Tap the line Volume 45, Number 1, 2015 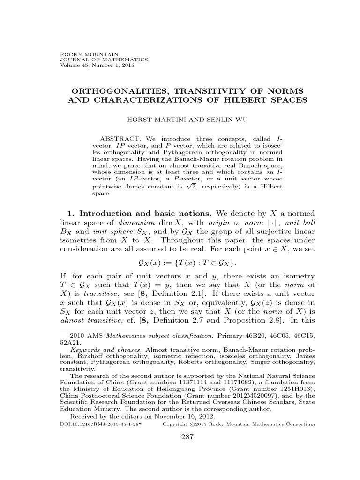[x=90, y=65]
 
